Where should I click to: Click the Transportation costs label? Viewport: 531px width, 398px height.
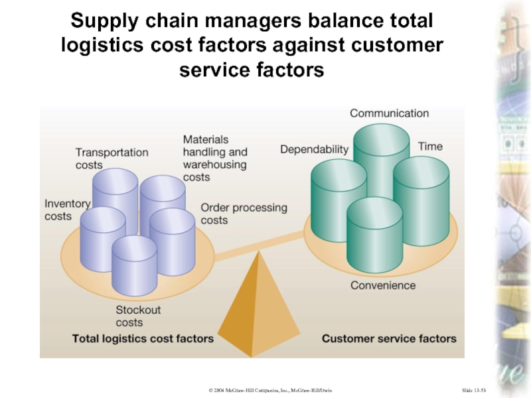pos(112,159)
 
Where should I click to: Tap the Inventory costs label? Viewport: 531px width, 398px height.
pos(67,210)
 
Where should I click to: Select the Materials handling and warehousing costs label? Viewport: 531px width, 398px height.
pos(215,159)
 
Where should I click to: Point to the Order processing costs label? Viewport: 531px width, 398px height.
pos(244,214)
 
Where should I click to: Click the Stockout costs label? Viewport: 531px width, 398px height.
pos(138,316)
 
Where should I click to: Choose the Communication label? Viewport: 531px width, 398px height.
pos(389,113)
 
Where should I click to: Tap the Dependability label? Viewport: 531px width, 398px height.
pos(314,150)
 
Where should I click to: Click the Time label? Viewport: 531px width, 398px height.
pos(430,147)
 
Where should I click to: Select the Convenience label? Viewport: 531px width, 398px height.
pos(383,286)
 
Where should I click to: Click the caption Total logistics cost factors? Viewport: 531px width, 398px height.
pos(143,339)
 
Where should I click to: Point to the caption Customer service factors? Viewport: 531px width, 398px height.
pos(389,339)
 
